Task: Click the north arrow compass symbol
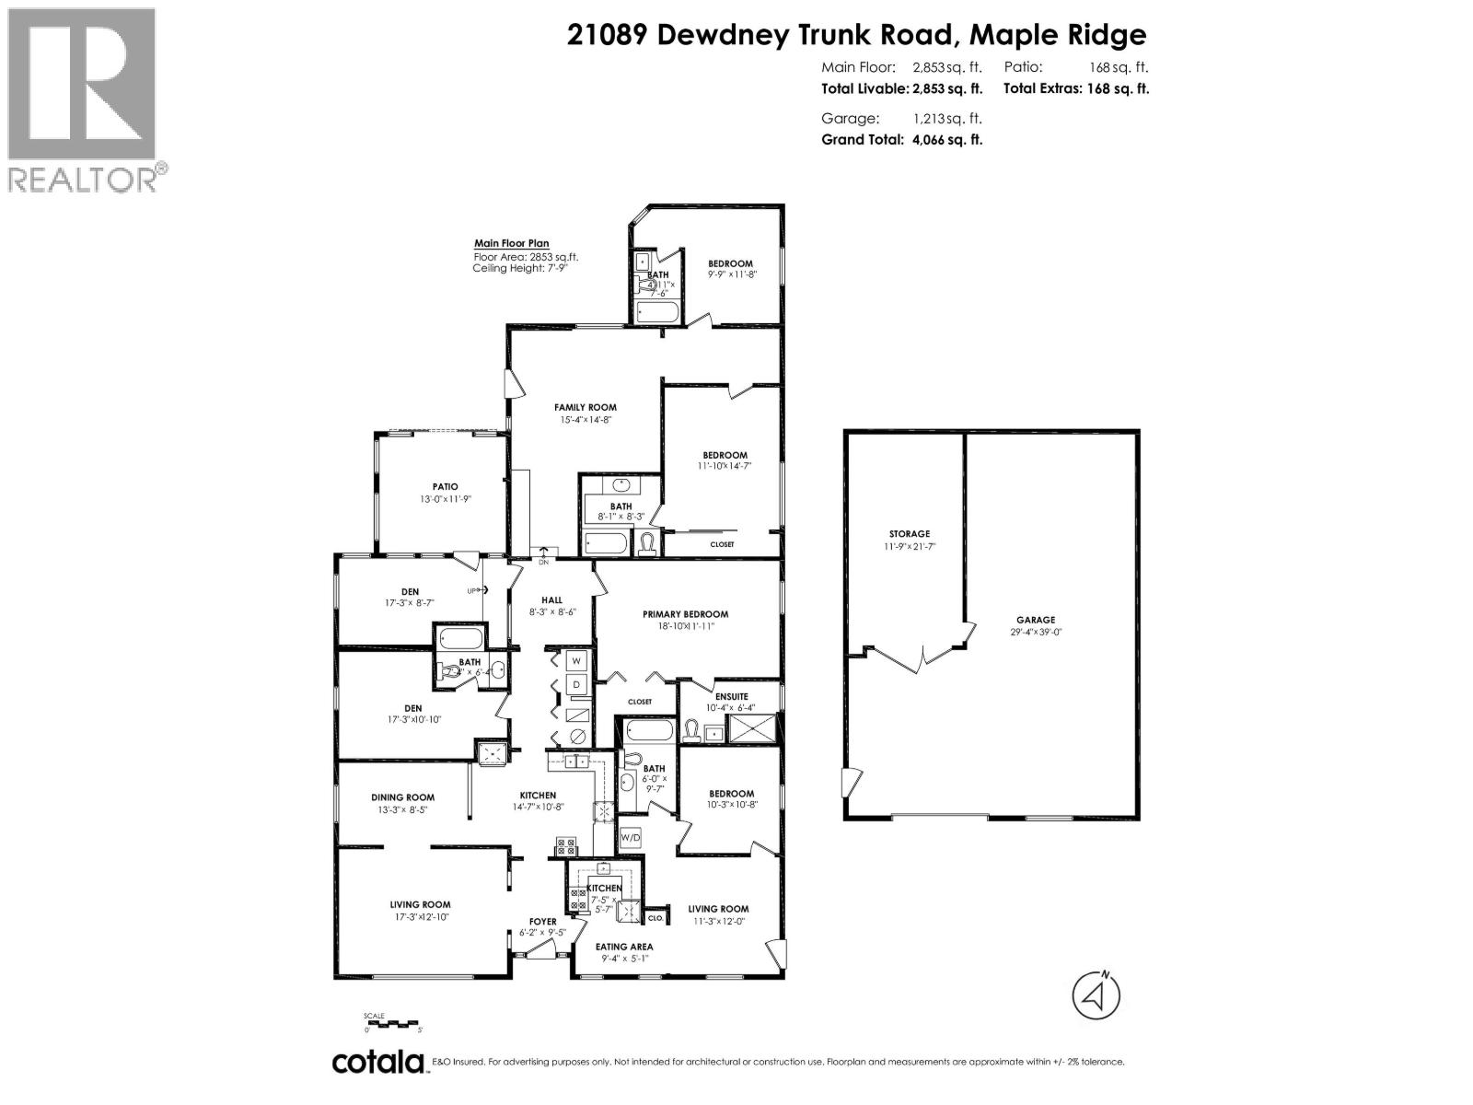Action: click(1096, 995)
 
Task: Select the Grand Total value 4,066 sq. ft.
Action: click(946, 140)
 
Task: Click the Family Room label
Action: click(585, 407)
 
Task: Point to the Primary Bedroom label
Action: click(685, 614)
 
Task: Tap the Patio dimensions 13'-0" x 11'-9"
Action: click(446, 500)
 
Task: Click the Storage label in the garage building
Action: click(909, 534)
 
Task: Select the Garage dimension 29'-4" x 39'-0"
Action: click(1036, 633)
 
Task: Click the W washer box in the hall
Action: click(576, 660)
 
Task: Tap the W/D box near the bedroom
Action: click(631, 838)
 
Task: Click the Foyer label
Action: click(542, 921)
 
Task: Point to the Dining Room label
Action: click(402, 797)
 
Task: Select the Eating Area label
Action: click(624, 946)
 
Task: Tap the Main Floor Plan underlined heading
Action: click(511, 244)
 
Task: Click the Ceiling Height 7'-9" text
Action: click(516, 268)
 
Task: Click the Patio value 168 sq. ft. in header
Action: click(1118, 67)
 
